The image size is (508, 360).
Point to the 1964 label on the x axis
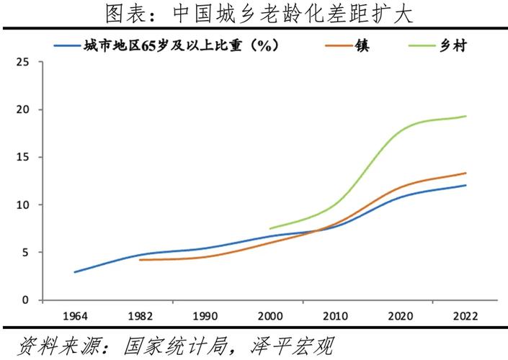click(74, 316)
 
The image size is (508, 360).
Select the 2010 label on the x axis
click(334, 316)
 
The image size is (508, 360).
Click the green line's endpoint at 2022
click(465, 116)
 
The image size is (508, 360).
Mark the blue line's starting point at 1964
click(74, 272)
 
